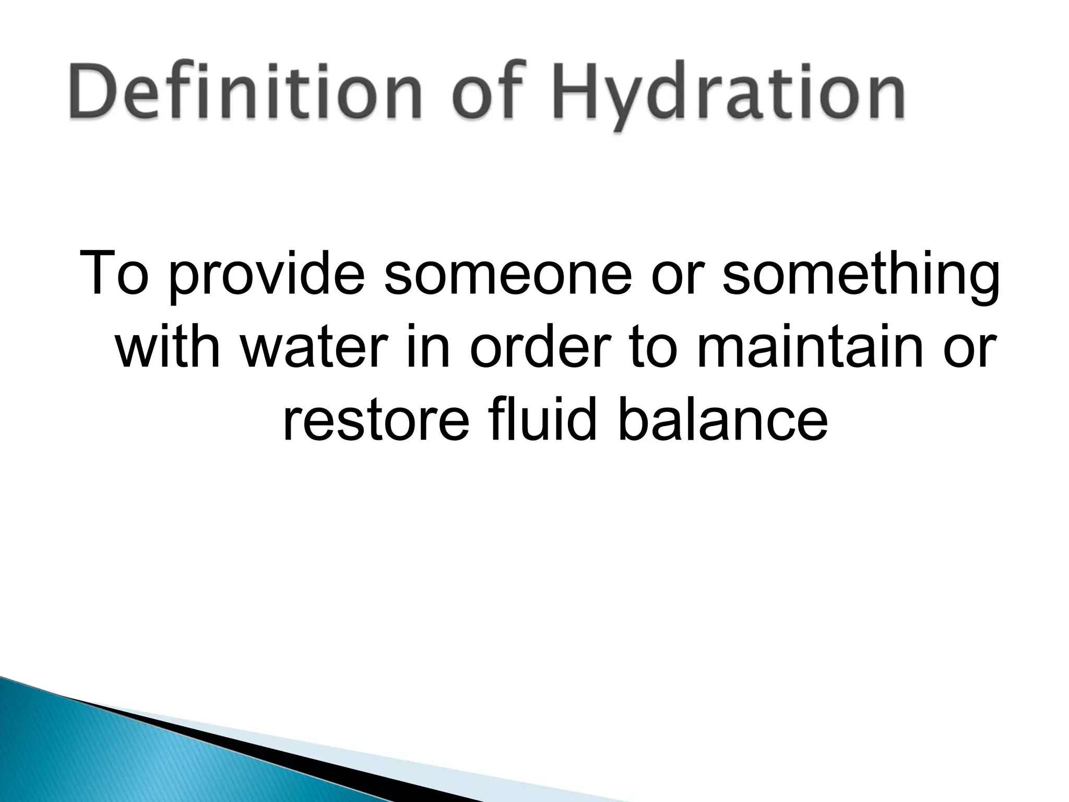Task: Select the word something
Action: click(861, 277)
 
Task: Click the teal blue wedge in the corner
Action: click(104, 757)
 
